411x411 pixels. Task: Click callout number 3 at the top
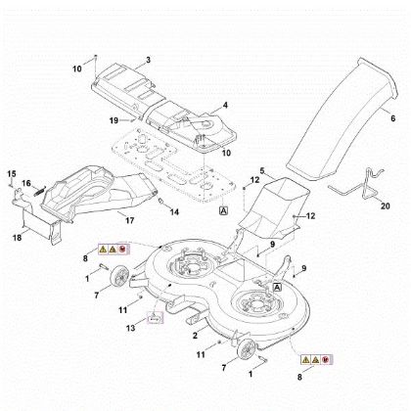(148, 60)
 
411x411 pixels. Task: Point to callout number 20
(385, 207)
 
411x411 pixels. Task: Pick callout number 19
(114, 120)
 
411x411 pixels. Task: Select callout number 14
(175, 212)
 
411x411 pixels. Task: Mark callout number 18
(17, 237)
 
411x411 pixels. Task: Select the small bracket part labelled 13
(153, 317)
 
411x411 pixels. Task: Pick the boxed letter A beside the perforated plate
(224, 210)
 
